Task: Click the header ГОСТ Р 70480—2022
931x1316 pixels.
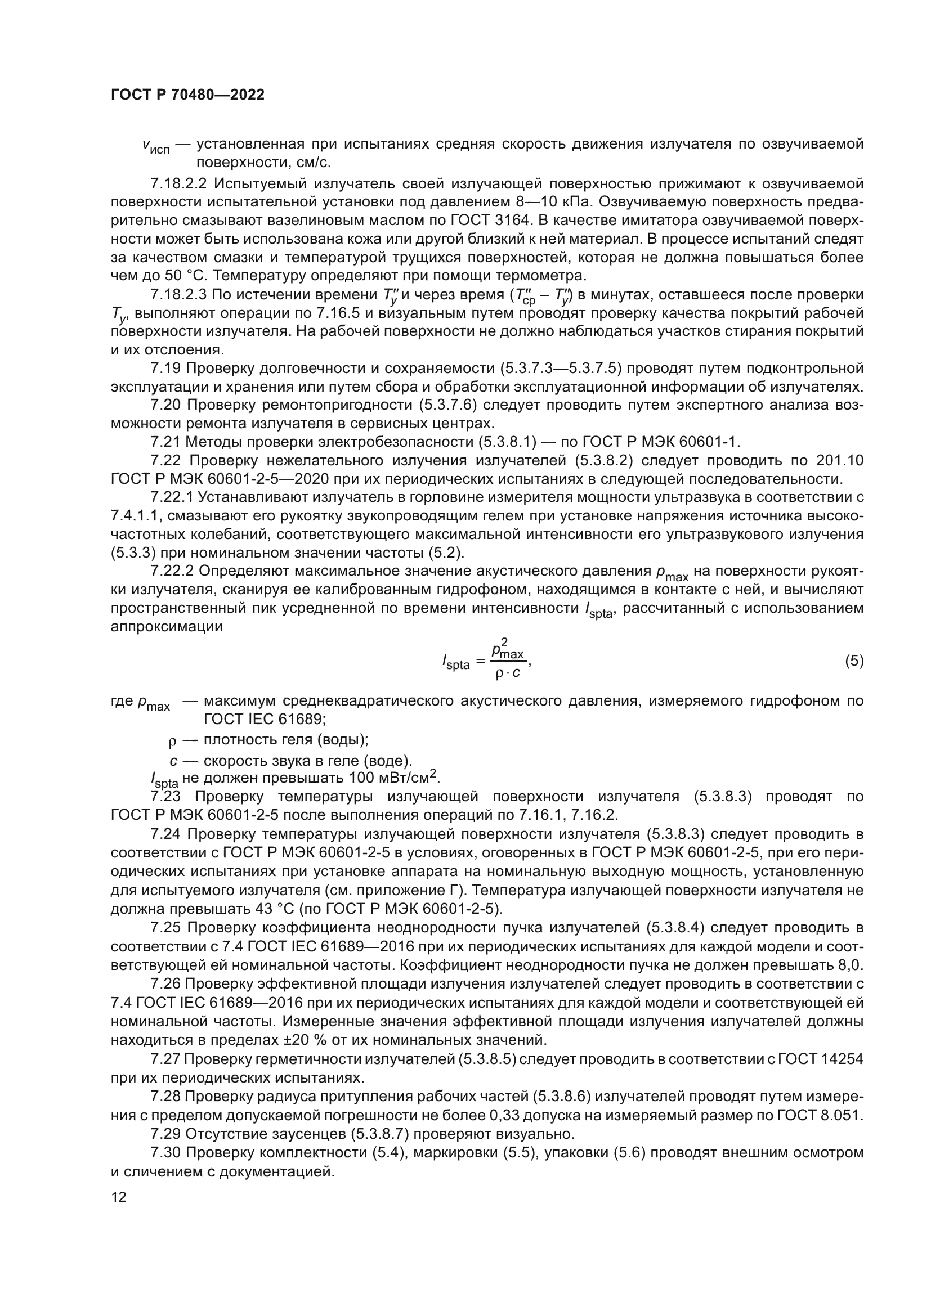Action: pos(187,95)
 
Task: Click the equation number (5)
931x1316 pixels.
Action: pos(854,661)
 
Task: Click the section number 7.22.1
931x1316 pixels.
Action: pos(176,497)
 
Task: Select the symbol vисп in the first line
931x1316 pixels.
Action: pos(155,146)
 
